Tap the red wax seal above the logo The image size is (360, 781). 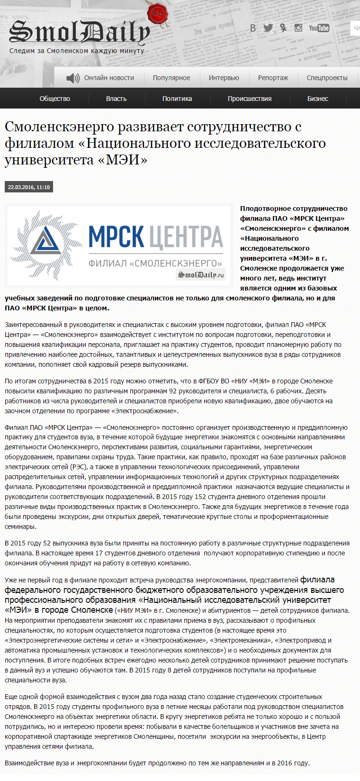click(x=156, y=14)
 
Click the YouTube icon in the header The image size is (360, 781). click(x=319, y=28)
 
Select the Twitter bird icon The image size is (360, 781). click(x=268, y=28)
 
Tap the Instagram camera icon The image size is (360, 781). click(x=298, y=28)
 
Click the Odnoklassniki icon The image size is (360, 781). click(x=283, y=28)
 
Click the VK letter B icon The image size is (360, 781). click(x=253, y=28)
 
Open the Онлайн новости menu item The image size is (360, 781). click(x=109, y=78)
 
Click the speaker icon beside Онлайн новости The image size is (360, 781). click(x=73, y=78)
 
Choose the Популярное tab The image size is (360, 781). click(x=171, y=78)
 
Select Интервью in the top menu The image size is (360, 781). click(x=224, y=78)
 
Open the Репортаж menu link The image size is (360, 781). click(x=273, y=78)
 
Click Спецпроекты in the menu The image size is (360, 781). click(x=327, y=78)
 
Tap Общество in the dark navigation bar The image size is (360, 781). click(x=54, y=99)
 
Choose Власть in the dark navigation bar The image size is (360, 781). click(x=116, y=99)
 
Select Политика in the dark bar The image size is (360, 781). click(x=177, y=99)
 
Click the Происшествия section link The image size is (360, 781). click(x=250, y=99)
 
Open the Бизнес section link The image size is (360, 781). click(x=317, y=99)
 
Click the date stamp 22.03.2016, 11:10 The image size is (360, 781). click(x=29, y=187)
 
